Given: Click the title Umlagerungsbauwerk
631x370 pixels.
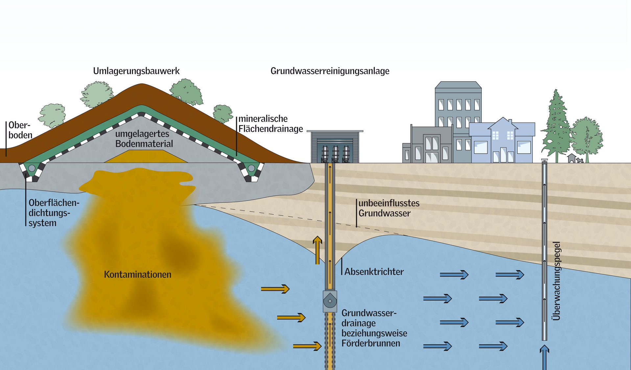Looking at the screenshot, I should click(136, 71).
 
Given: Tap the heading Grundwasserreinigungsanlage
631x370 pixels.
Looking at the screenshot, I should click(330, 71).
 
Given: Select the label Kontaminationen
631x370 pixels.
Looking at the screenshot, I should click(137, 274).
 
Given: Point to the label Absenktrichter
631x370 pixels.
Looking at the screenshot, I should click(374, 272).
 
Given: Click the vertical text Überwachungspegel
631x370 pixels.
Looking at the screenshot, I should click(556, 281).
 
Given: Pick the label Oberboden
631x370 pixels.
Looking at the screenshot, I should click(20, 130).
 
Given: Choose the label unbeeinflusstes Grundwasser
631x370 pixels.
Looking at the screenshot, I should click(389, 208).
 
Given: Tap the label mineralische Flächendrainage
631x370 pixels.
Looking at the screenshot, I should click(270, 124).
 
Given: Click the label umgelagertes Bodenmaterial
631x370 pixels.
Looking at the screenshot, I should click(144, 139).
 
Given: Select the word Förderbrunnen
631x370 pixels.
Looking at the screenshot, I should click(370, 343).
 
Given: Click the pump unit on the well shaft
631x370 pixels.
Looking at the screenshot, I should click(330, 301).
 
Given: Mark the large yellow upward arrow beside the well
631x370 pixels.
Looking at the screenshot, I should click(317, 250).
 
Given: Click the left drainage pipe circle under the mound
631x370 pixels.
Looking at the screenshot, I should click(32, 168).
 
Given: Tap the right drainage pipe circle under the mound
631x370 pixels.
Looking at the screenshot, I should click(251, 168).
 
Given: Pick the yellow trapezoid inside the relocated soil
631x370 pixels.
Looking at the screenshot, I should click(146, 157).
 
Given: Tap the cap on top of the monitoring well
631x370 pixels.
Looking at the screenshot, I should click(545, 160).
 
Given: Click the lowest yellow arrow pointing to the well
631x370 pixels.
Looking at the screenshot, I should click(307, 346).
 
